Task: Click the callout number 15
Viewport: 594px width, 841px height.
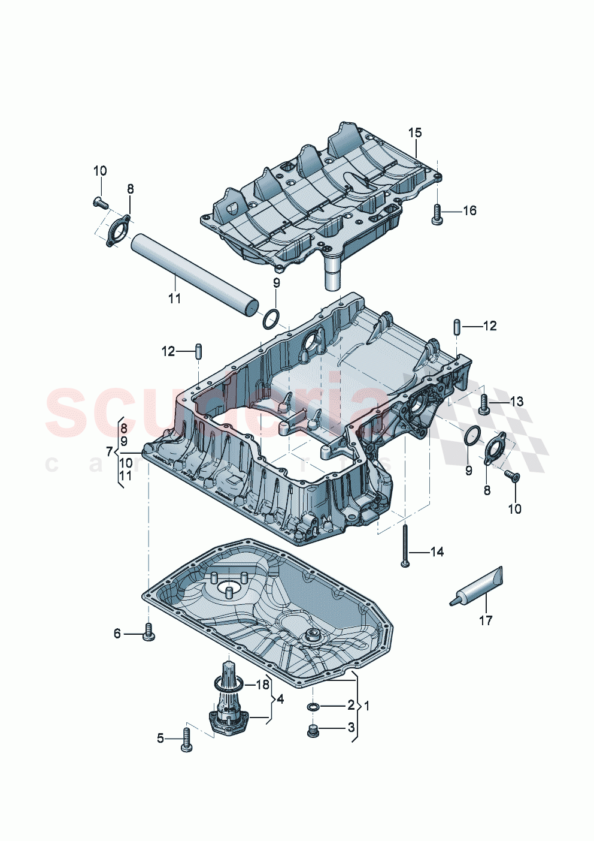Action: click(x=415, y=132)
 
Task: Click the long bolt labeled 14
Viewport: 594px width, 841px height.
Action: click(x=405, y=544)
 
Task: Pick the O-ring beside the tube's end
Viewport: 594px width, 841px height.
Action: click(x=271, y=319)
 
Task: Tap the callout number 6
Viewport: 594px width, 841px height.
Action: click(x=117, y=633)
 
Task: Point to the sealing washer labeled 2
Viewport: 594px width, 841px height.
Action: click(x=312, y=707)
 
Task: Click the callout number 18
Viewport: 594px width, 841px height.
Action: click(x=263, y=685)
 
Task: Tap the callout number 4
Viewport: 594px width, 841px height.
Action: click(x=280, y=699)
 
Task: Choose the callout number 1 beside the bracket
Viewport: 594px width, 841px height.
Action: click(x=366, y=706)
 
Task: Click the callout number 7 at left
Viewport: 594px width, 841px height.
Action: click(x=109, y=451)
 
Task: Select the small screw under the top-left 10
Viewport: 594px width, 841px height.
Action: click(x=100, y=203)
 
